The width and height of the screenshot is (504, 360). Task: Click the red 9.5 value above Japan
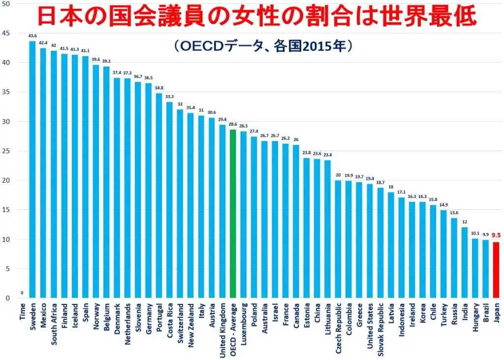496,235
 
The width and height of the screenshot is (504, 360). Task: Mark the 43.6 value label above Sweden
32,36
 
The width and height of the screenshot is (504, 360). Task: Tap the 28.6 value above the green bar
233,125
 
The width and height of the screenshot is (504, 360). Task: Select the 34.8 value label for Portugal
159,88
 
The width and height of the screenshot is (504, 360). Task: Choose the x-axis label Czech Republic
338,329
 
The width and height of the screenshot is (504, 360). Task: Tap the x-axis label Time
23,311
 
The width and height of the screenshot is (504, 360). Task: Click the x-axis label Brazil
485,313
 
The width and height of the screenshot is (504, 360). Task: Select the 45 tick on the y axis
5,33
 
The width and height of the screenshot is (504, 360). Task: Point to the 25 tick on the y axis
5,151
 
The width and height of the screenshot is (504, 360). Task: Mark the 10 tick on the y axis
5,239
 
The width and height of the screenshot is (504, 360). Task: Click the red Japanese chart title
257,16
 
